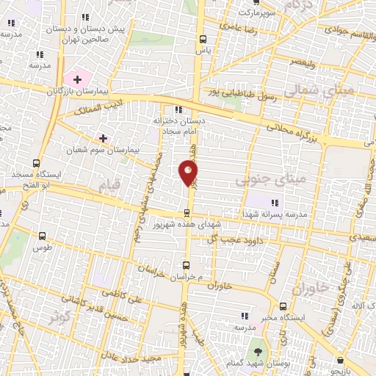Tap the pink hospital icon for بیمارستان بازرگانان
76,78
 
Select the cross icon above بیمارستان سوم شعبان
103,137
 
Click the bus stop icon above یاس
203,40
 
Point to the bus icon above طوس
41,236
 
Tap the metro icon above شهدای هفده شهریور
187,212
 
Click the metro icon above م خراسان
187,266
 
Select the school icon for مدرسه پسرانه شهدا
275,203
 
